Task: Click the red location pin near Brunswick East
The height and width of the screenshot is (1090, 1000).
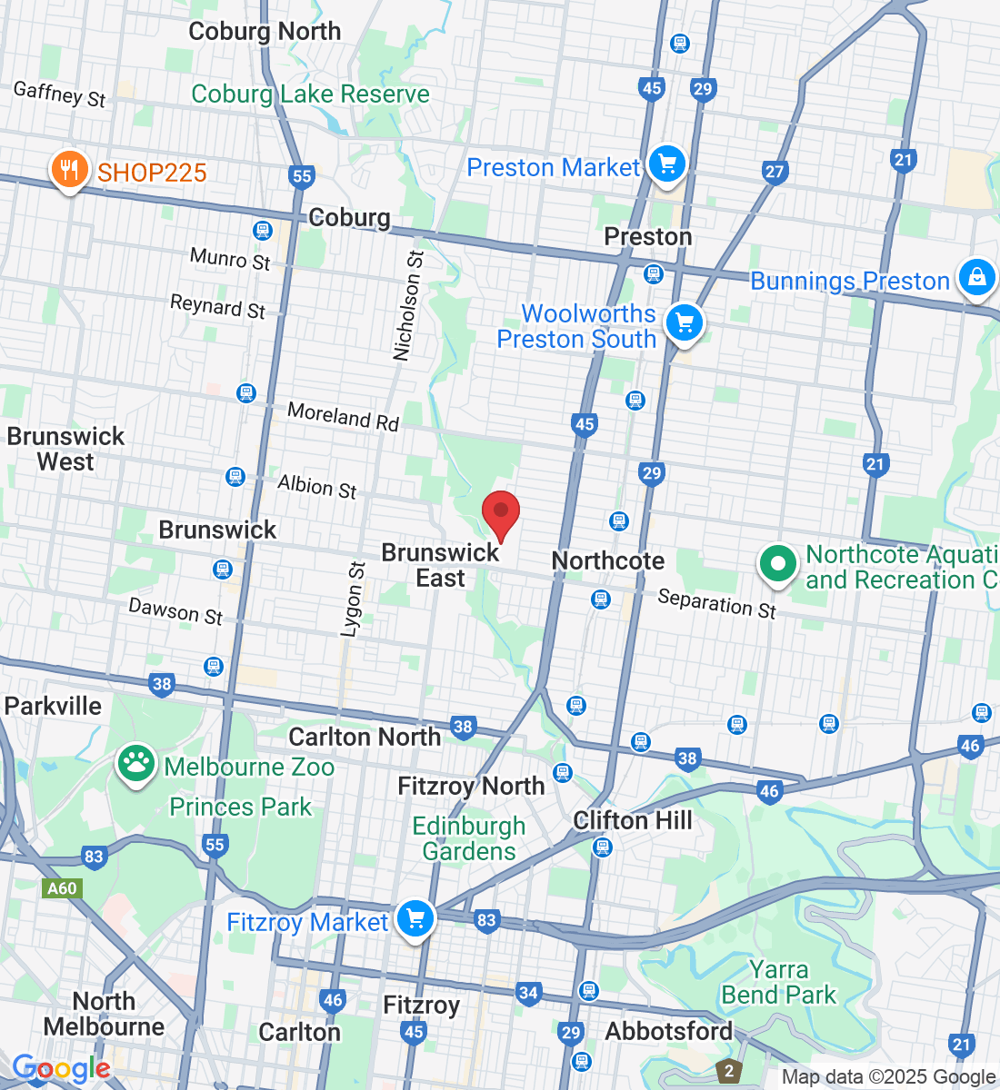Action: coord(500,513)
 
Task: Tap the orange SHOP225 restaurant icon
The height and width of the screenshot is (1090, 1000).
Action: coord(69,170)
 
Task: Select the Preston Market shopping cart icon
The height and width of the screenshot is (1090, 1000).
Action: coord(667,165)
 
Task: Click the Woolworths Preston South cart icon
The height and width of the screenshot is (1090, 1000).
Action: coord(685,323)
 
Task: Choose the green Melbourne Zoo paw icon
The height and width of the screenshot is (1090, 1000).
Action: coord(136,765)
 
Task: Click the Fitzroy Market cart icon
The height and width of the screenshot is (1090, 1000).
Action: coord(415,920)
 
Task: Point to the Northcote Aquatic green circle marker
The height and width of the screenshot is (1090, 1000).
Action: coord(777,564)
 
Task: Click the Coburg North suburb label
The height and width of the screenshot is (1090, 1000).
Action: coord(265,31)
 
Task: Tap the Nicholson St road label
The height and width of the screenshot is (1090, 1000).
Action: coord(408,306)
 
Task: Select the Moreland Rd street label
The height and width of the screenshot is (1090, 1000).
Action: coord(343,416)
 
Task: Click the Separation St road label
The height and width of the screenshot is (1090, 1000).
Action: coord(716,603)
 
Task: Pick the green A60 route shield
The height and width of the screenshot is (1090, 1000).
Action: coord(62,887)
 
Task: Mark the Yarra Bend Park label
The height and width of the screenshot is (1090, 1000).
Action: coord(779,983)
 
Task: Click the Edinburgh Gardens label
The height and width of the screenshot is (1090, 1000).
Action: coord(469,838)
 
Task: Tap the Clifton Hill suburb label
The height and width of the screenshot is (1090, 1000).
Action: coord(633,820)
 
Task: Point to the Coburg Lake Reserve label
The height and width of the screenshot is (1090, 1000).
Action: coord(310,94)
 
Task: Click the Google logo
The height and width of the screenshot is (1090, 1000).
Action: coord(61,1069)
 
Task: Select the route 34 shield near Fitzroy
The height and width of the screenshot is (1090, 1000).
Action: coord(528,993)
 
